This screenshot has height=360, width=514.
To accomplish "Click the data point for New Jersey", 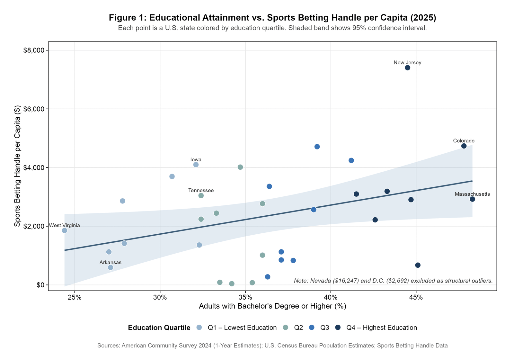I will click(407, 67).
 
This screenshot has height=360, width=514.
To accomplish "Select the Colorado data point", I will click(464, 146).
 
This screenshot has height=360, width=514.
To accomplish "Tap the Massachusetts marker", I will click(472, 199).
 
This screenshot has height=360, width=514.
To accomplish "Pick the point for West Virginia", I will click(64, 230).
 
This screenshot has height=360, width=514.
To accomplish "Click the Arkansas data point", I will click(111, 267).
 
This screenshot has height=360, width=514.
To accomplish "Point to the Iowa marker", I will click(196, 165).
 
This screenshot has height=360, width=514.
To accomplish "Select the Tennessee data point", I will click(201, 195).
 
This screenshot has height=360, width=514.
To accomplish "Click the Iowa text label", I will click(196, 159).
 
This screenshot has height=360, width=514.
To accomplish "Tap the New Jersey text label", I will click(407, 63).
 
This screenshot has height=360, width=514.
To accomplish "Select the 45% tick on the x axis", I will click(416, 297).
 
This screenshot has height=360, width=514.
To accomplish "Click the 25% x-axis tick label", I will click(75, 297).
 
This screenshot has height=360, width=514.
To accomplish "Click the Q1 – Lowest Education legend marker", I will click(199, 328).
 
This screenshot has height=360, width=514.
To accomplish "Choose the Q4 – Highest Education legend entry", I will click(381, 328).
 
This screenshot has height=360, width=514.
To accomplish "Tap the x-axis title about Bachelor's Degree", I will click(272, 306).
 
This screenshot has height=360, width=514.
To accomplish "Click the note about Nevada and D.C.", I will click(393, 281).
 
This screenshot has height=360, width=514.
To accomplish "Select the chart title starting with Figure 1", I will click(272, 17).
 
